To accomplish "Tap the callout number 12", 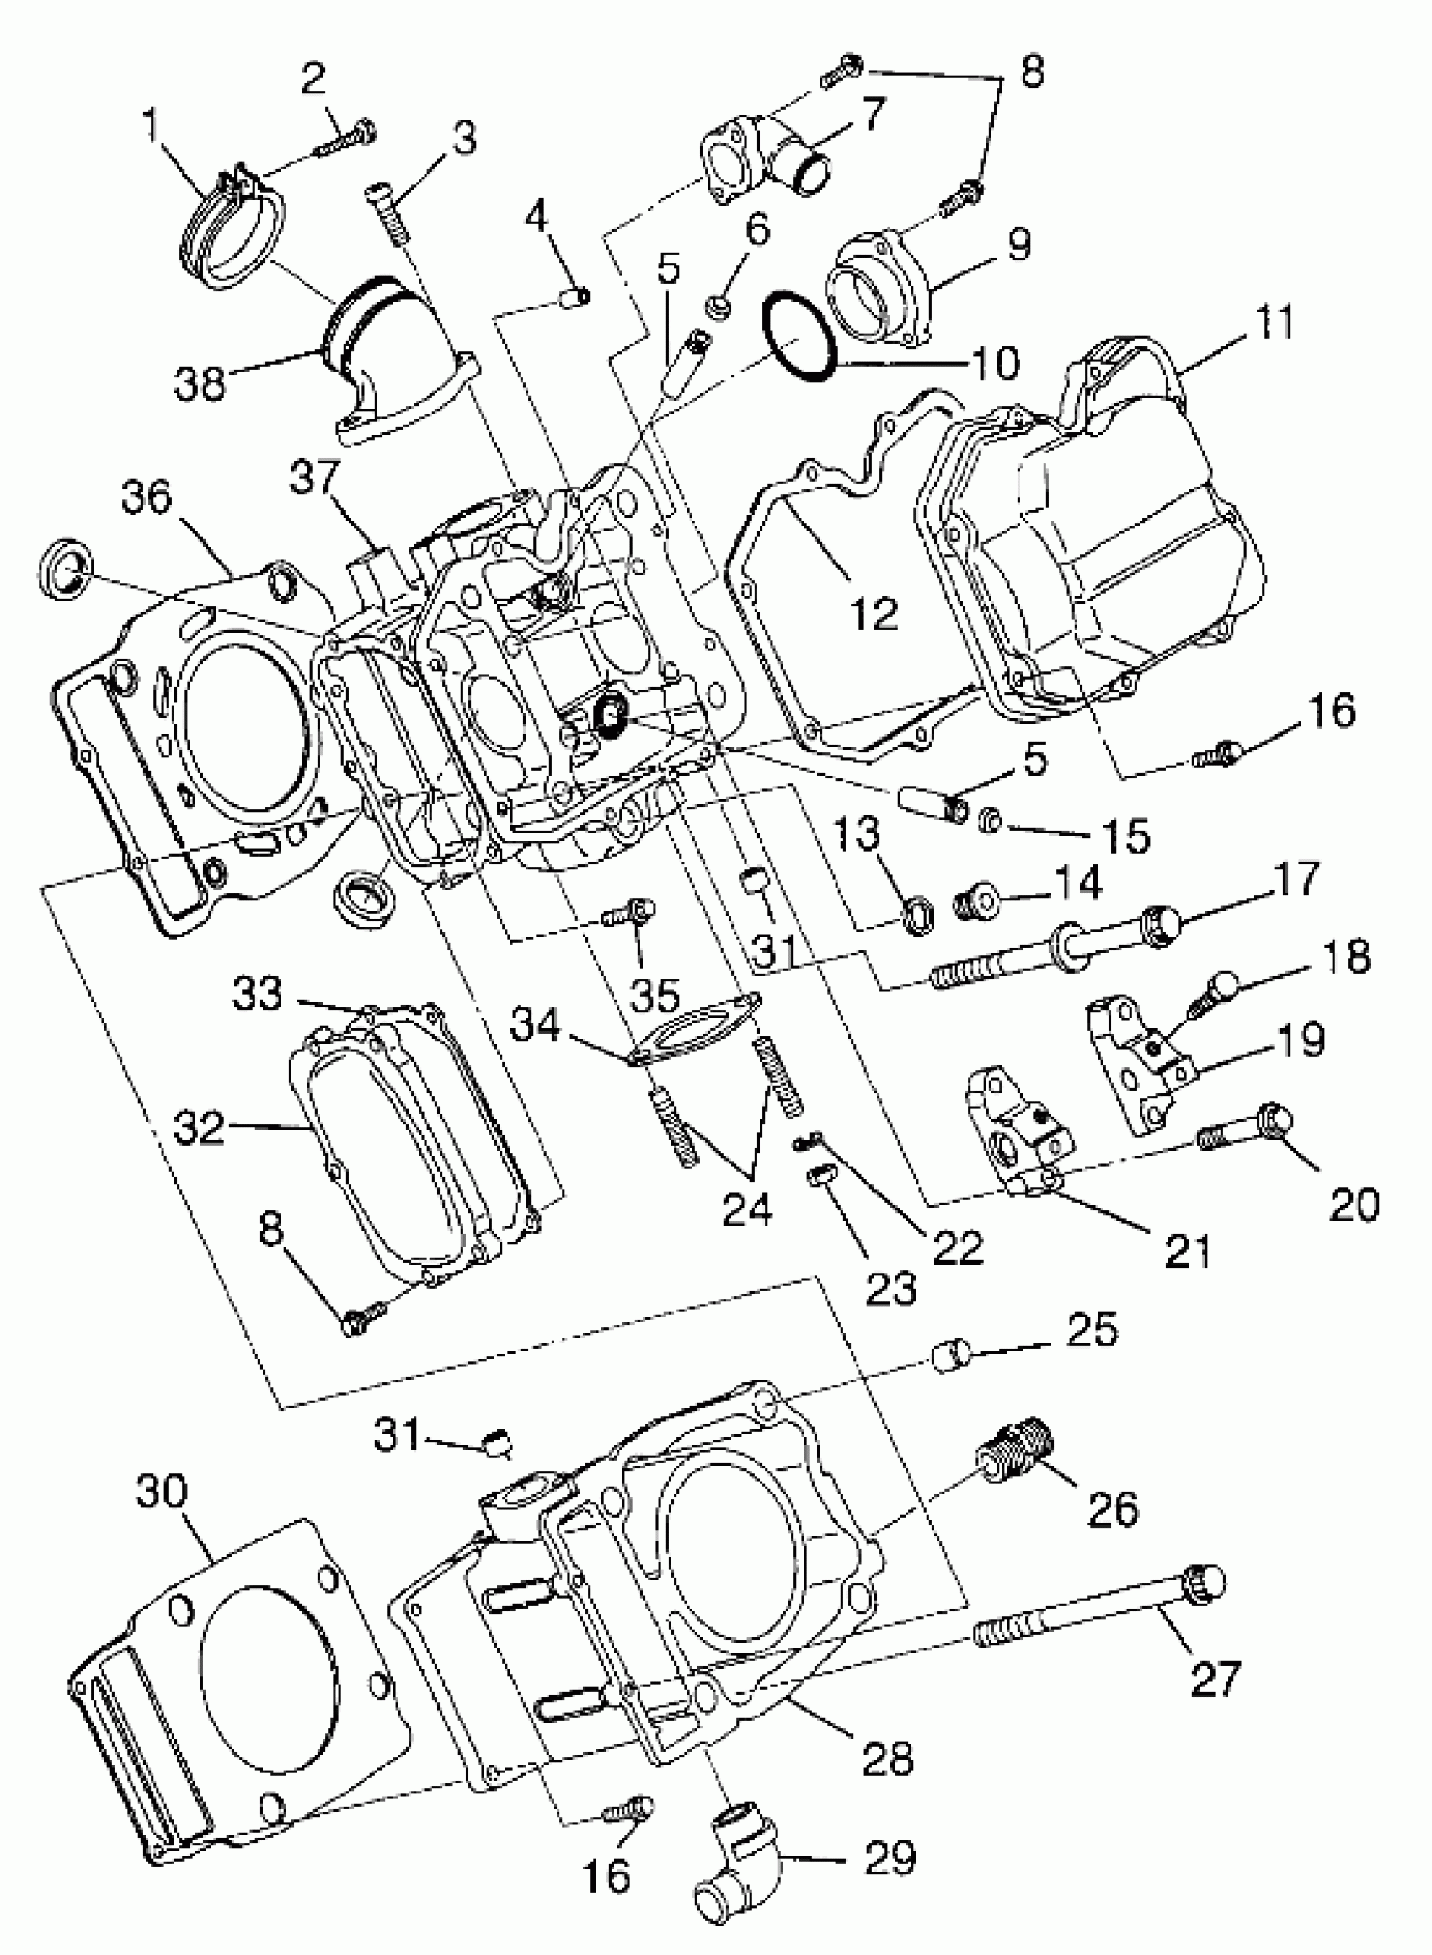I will pyautogui.click(x=873, y=612).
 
